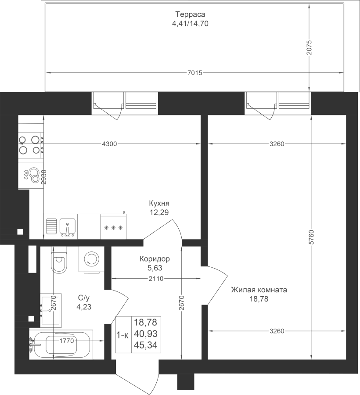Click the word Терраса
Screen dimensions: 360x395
pyautogui.click(x=190, y=14)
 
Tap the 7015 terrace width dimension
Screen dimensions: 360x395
pyautogui.click(x=195, y=73)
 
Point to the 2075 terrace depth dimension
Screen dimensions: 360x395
pyautogui.click(x=309, y=47)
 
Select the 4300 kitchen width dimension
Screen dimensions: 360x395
pyautogui.click(x=109, y=144)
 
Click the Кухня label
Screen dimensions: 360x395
pyautogui.click(x=159, y=203)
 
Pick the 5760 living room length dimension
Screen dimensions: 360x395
pyautogui.click(x=312, y=237)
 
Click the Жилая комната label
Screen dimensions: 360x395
pyautogui.click(x=259, y=290)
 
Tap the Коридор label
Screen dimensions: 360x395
pyautogui.click(x=155, y=259)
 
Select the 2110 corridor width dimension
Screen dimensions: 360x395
pyautogui.click(x=156, y=279)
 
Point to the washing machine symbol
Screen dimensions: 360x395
pyautogui.click(x=91, y=259)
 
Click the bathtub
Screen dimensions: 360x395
pyautogui.click(x=61, y=344)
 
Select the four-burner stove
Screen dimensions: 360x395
pyautogui.click(x=30, y=145)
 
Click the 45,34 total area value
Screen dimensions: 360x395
pyautogui.click(x=146, y=345)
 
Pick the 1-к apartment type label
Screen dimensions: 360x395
pyautogui.click(x=122, y=335)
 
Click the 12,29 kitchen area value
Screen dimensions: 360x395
pyautogui.click(x=159, y=212)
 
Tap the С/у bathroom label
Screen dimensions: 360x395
pyautogui.click(x=84, y=298)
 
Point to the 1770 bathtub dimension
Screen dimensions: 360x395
pyautogui.click(x=66, y=341)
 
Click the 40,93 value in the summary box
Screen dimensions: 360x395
pyautogui.click(x=146, y=334)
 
